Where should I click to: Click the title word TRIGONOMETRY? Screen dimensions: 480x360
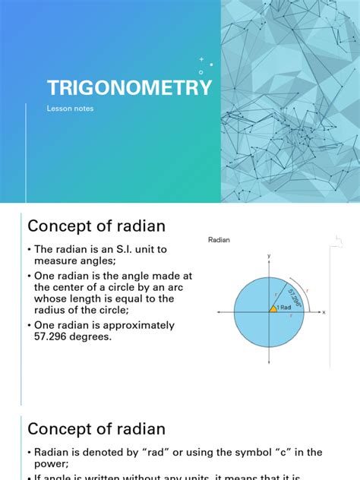click(130, 88)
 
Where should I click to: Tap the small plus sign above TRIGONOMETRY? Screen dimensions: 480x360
click(201, 58)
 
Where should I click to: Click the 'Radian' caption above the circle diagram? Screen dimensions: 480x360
click(219, 240)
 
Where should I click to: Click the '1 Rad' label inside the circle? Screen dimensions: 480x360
click(283, 307)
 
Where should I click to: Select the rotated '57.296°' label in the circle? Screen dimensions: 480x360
click(292, 293)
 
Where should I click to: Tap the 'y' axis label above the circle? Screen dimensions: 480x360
click(269, 257)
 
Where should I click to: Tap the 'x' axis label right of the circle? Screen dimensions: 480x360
click(324, 311)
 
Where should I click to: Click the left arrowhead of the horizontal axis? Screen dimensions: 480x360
click(219, 311)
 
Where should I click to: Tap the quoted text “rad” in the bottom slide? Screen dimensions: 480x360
click(130, 453)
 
